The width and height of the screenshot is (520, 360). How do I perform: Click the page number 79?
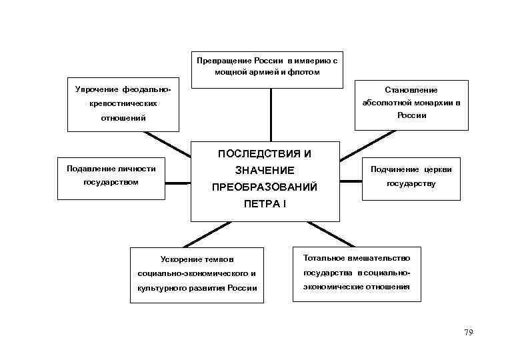468,333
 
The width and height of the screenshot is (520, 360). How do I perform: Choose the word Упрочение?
97,89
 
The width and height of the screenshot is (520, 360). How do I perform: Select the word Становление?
411,89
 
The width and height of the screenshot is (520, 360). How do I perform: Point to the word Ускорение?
179,259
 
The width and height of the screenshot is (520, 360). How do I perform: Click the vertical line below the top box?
271,115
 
